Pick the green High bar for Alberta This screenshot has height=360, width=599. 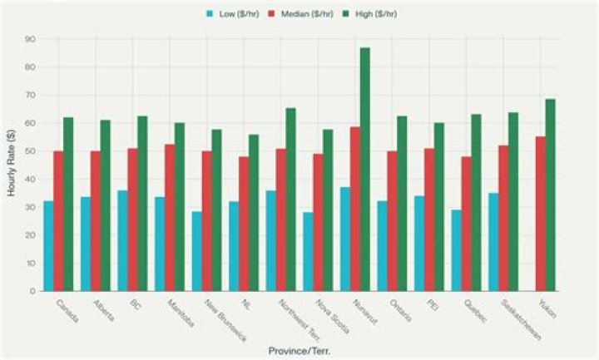pos(106,205)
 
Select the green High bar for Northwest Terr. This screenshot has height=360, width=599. pos(290,200)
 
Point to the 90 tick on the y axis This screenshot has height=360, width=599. pos(29,39)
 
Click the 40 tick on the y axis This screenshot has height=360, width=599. pos(29,179)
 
